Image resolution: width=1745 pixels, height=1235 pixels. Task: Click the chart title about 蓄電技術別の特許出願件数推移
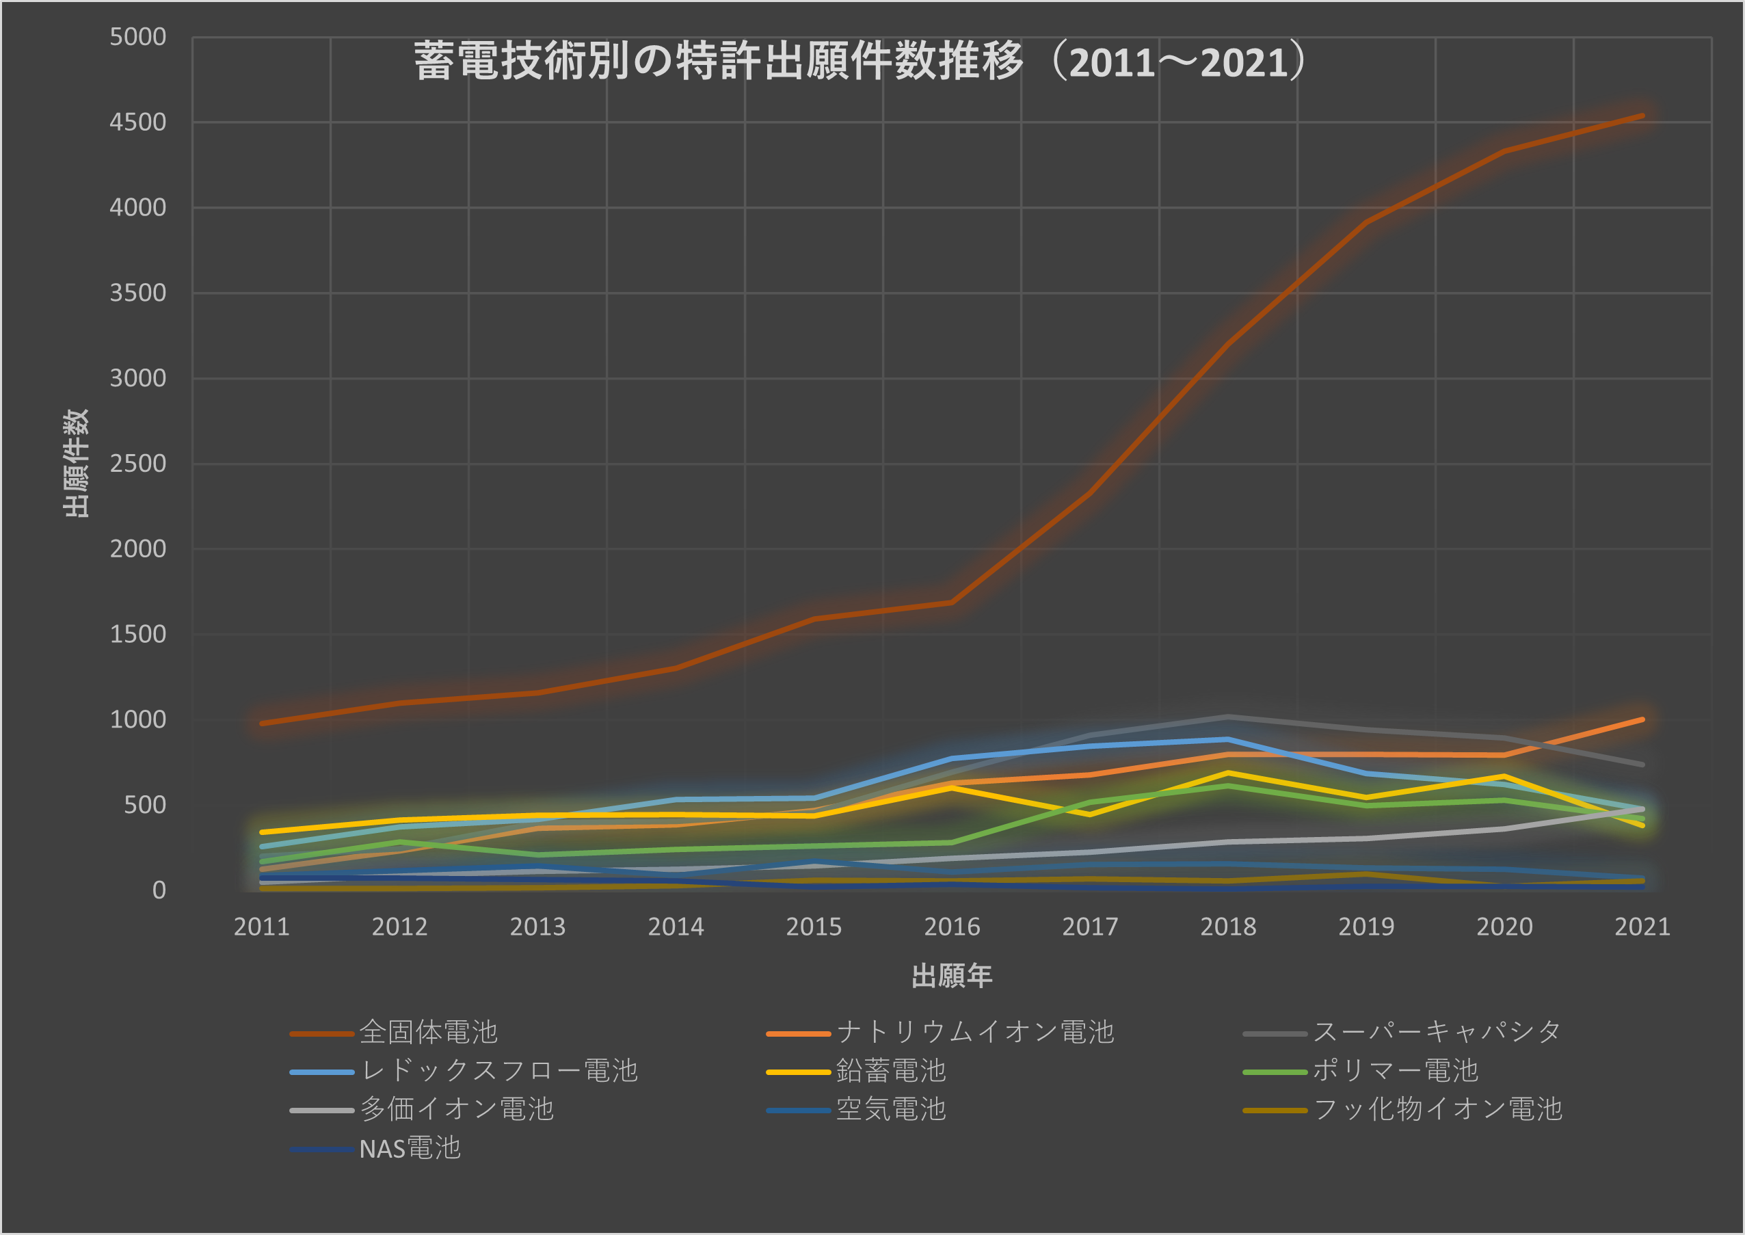(860, 61)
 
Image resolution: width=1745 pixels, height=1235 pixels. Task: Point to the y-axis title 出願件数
(76, 463)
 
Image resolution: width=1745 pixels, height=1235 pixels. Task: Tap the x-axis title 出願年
(951, 976)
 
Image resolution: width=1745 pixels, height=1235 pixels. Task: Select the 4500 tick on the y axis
(137, 122)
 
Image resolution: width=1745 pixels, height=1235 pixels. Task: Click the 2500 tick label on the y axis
(137, 463)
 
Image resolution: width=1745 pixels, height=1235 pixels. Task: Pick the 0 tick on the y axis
(158, 890)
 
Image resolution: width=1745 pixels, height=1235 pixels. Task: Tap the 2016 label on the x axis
(951, 926)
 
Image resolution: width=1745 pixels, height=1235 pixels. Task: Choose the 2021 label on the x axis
(1642, 926)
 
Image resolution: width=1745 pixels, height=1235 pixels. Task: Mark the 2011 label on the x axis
(262, 926)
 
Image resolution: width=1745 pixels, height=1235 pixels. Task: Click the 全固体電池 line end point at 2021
(1642, 116)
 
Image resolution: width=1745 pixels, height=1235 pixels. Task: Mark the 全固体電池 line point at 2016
(951, 602)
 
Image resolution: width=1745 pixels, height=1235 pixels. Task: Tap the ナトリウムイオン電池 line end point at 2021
(1642, 719)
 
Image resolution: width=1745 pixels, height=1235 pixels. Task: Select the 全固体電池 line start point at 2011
(262, 723)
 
